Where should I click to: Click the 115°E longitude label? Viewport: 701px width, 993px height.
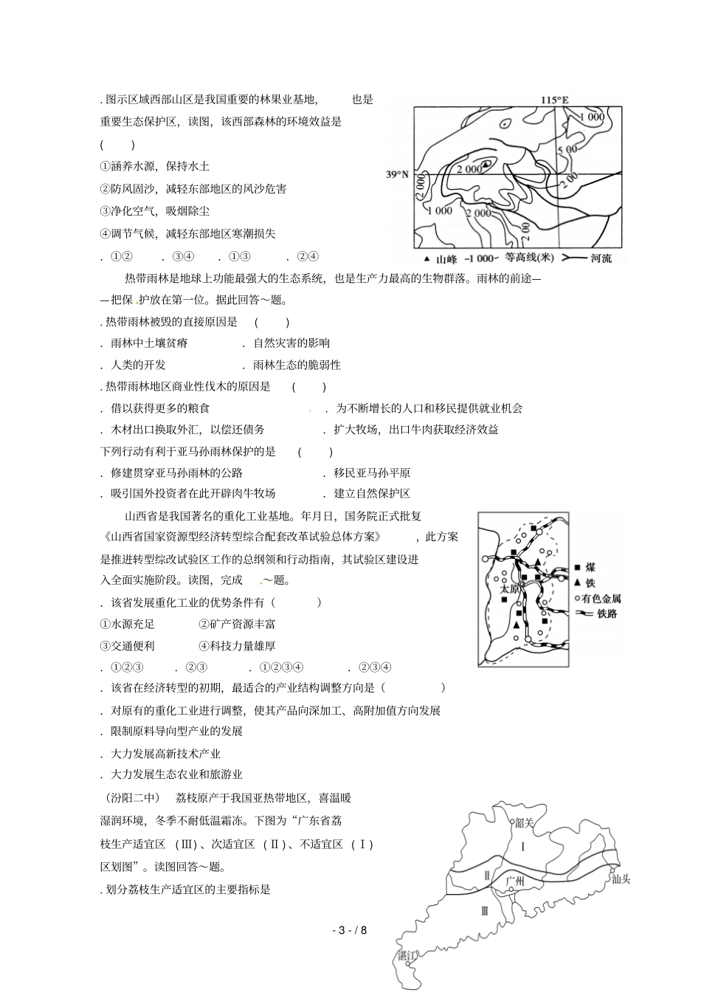coord(555,100)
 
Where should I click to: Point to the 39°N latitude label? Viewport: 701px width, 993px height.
coord(397,175)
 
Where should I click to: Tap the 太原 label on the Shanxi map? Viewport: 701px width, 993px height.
coord(510,589)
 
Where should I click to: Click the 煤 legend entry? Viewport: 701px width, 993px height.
coord(590,568)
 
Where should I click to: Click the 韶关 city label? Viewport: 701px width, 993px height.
coord(524,822)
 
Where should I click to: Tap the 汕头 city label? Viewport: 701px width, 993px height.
coord(621,879)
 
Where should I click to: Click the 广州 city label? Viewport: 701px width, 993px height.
coord(515,881)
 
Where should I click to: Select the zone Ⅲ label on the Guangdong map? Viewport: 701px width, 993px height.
coord(484,910)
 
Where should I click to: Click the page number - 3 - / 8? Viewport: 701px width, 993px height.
coord(349,930)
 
